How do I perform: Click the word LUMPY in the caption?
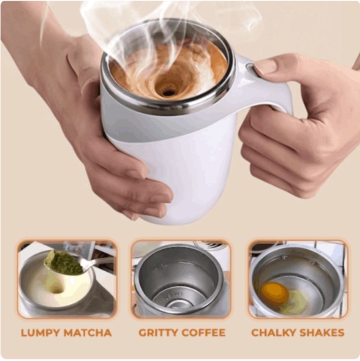click(40, 333)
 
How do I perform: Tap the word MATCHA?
click(88, 333)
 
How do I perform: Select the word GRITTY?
click(158, 333)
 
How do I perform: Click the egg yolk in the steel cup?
click(274, 294)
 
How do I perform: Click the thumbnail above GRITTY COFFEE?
click(181, 279)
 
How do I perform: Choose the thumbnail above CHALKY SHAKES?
click(298, 279)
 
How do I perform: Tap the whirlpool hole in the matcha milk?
click(57, 291)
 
